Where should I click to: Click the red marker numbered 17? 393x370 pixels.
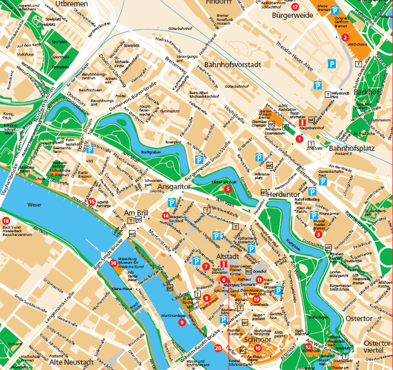point(295,7)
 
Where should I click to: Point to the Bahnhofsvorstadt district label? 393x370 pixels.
point(229,64)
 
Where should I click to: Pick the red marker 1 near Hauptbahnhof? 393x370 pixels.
point(299,139)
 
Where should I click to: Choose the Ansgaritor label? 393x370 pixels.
point(173,186)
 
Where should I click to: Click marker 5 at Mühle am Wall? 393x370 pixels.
point(228,188)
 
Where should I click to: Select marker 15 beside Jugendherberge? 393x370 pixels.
point(91,201)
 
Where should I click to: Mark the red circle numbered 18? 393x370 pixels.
point(6,221)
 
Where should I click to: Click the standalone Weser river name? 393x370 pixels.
point(35,205)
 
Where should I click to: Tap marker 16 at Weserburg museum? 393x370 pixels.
point(113,263)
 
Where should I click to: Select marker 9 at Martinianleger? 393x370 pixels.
point(182,322)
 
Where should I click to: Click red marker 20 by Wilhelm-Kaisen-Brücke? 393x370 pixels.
point(218,347)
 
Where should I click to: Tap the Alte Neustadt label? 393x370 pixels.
point(72,362)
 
